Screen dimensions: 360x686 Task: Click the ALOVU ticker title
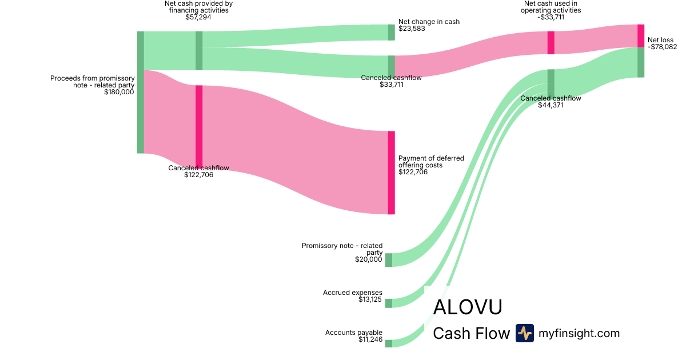click(468, 307)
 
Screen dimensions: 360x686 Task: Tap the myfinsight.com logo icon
click(524, 333)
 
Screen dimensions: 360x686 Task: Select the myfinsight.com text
click(579, 333)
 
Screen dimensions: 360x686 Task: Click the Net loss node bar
click(641, 36)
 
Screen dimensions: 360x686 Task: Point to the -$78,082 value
click(662, 47)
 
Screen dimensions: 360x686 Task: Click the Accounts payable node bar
click(389, 343)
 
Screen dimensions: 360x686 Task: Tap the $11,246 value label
click(370, 339)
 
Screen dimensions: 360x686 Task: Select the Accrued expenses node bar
click(389, 303)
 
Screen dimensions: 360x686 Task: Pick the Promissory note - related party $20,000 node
click(389, 260)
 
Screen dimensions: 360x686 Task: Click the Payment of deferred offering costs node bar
click(392, 173)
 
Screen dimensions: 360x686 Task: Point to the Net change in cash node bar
click(392, 33)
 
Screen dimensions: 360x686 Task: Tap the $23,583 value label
click(412, 29)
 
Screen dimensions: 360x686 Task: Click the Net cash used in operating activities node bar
click(551, 43)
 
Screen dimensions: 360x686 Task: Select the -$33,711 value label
click(551, 17)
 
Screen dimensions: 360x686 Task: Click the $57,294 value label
click(198, 17)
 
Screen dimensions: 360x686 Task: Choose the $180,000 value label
click(119, 91)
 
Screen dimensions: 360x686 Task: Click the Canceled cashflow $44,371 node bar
click(551, 83)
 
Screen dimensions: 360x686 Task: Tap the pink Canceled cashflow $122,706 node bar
click(199, 126)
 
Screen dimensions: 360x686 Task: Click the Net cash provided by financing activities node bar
click(199, 50)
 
